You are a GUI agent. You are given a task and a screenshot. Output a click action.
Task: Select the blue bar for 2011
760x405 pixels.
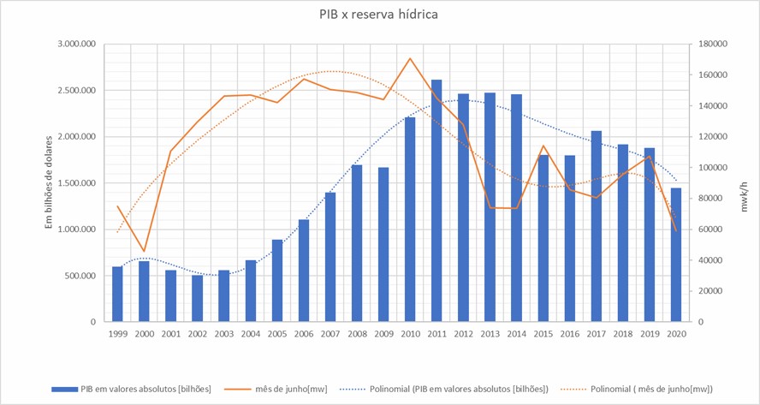(x=436, y=201)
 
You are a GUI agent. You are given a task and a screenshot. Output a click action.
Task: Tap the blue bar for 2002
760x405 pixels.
(x=197, y=299)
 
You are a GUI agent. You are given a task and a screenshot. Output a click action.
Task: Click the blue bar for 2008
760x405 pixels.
(x=357, y=244)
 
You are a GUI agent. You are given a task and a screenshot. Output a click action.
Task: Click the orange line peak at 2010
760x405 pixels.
(x=411, y=59)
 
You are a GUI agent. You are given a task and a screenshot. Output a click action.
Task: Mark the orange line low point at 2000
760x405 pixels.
(x=144, y=251)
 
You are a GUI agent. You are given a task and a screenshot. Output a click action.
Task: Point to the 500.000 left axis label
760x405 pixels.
(x=77, y=276)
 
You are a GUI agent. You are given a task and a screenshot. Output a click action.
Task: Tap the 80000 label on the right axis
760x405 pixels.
(x=712, y=199)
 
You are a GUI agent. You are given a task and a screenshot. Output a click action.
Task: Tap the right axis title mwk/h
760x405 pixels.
(x=743, y=182)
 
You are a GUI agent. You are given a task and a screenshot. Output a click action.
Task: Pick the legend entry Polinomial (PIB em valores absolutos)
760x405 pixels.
(x=462, y=390)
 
